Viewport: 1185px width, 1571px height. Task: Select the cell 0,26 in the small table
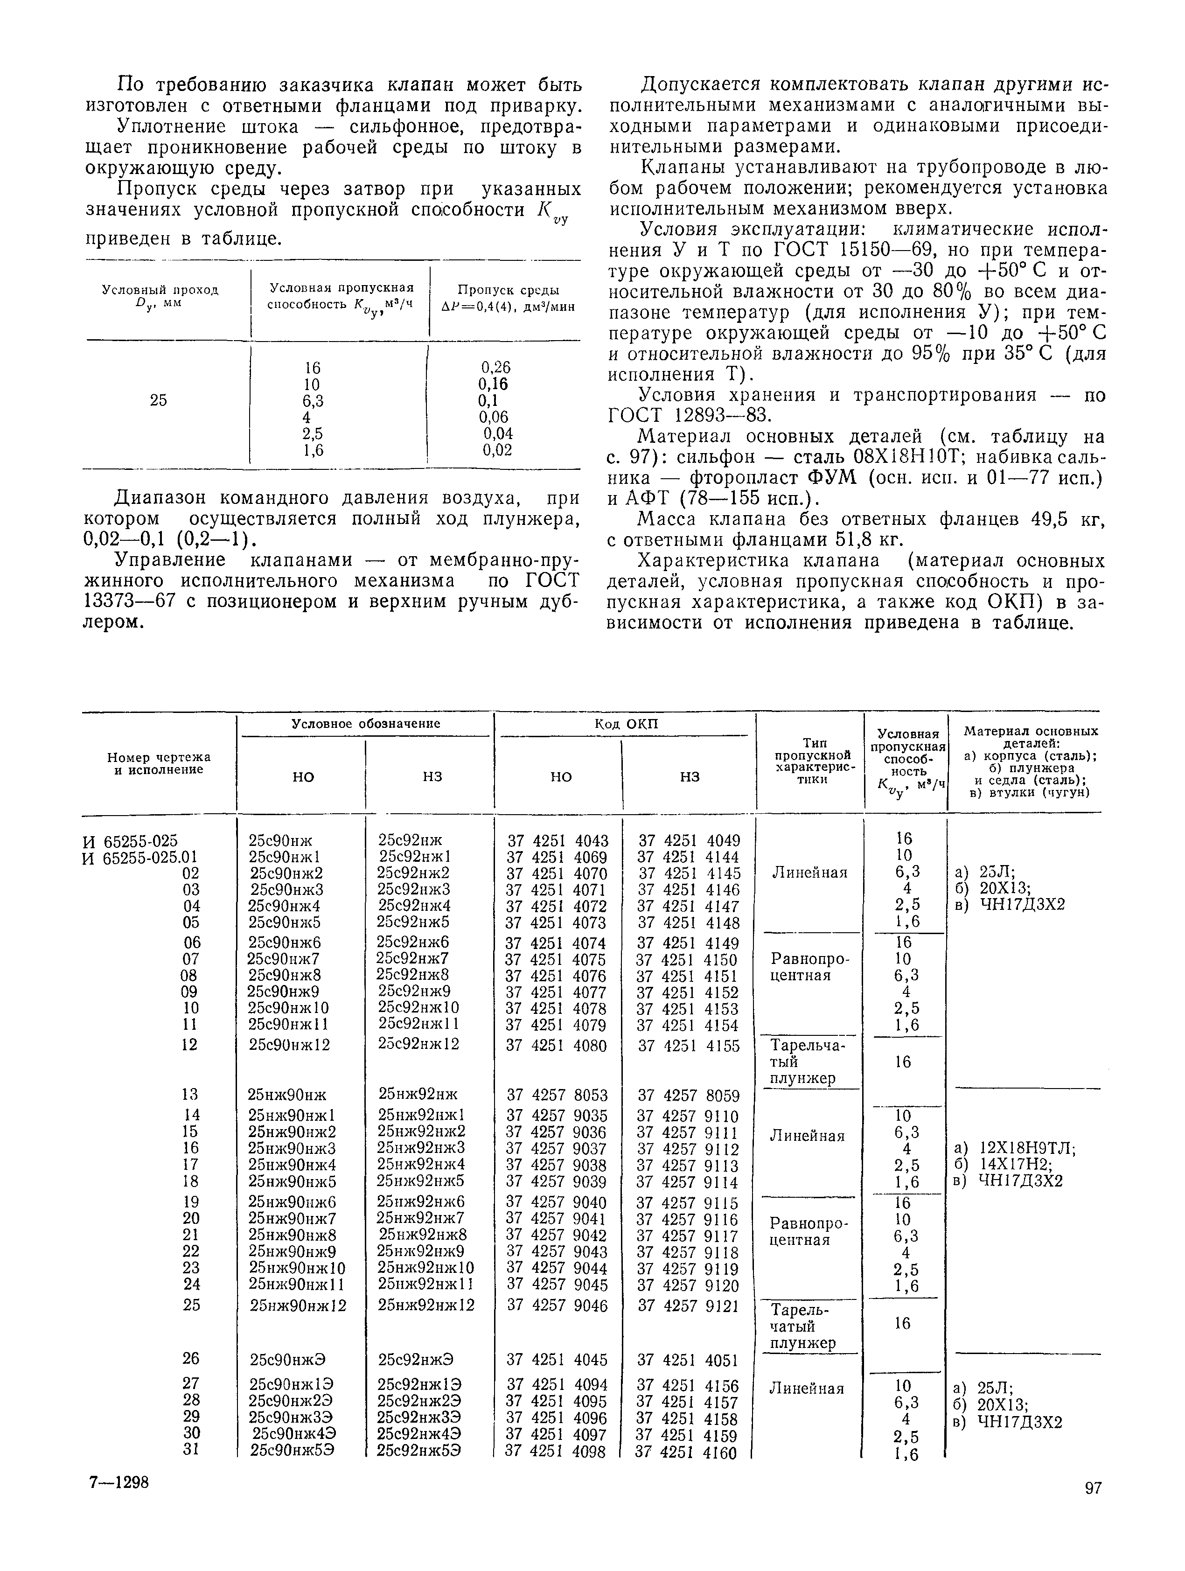click(495, 367)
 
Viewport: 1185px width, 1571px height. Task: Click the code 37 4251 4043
click(558, 841)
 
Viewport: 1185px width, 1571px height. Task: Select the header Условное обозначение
click(366, 724)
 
